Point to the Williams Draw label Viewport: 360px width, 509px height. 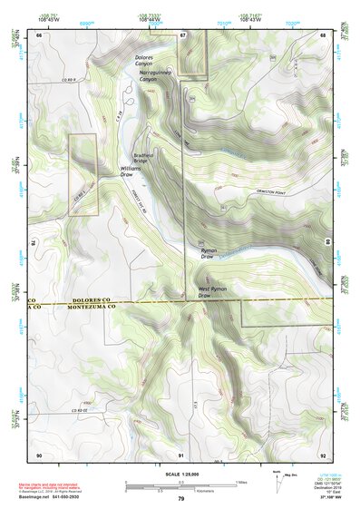[133, 171]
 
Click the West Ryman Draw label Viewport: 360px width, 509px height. [209, 292]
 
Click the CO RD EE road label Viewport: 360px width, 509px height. [83, 410]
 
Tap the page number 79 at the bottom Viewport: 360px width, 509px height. [180, 499]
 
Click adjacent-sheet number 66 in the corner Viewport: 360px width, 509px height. [39, 35]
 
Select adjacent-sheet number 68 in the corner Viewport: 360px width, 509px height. [322, 35]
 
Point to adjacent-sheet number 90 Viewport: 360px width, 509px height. [39, 455]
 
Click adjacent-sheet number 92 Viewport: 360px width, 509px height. [322, 455]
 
